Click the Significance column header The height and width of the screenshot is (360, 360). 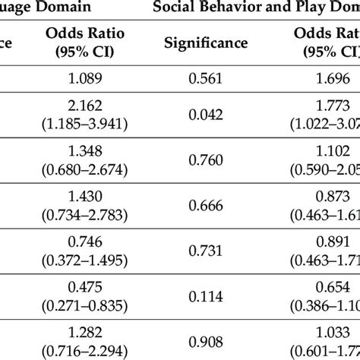click(x=206, y=43)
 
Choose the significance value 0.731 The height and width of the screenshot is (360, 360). click(x=206, y=248)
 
